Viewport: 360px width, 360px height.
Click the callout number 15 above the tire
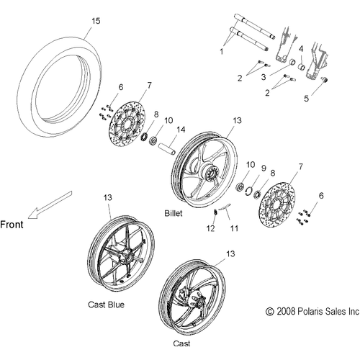(x=96, y=21)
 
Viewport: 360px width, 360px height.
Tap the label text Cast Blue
(x=106, y=305)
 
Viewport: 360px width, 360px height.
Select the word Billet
(x=174, y=213)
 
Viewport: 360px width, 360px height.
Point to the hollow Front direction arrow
(x=50, y=204)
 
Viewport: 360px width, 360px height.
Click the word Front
(x=12, y=225)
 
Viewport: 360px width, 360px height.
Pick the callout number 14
(x=181, y=130)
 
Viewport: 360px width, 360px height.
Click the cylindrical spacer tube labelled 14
(x=167, y=149)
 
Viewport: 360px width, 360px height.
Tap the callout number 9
(x=264, y=168)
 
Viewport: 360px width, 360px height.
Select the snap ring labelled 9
(x=248, y=191)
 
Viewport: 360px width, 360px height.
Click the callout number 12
(x=210, y=228)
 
